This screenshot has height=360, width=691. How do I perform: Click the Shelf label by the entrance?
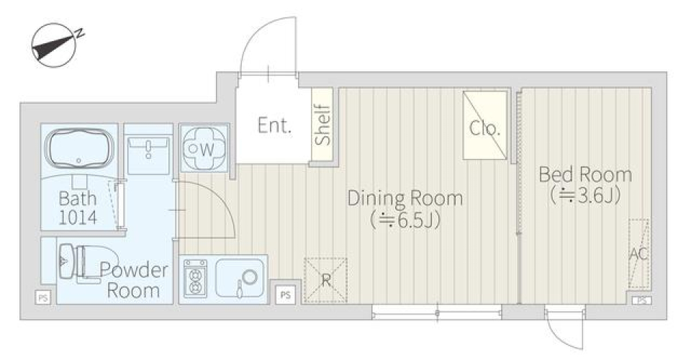[322, 127]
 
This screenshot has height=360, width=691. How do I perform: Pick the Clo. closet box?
[485, 126]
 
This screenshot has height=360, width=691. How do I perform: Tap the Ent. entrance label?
[274, 127]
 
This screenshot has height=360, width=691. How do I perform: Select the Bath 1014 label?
[78, 207]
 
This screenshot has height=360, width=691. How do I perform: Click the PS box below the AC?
[640, 300]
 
